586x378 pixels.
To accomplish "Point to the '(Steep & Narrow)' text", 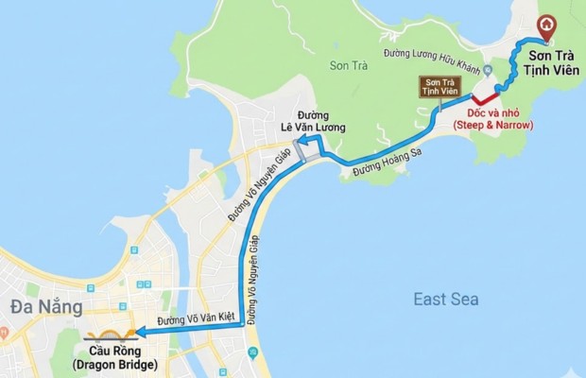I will click(x=493, y=124).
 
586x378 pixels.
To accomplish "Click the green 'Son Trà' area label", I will click(x=347, y=65).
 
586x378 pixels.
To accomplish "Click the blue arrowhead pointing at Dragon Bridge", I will click(x=139, y=331).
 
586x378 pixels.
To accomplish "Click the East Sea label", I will click(x=446, y=300).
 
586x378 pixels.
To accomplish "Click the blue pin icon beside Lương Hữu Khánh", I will click(x=488, y=71).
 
